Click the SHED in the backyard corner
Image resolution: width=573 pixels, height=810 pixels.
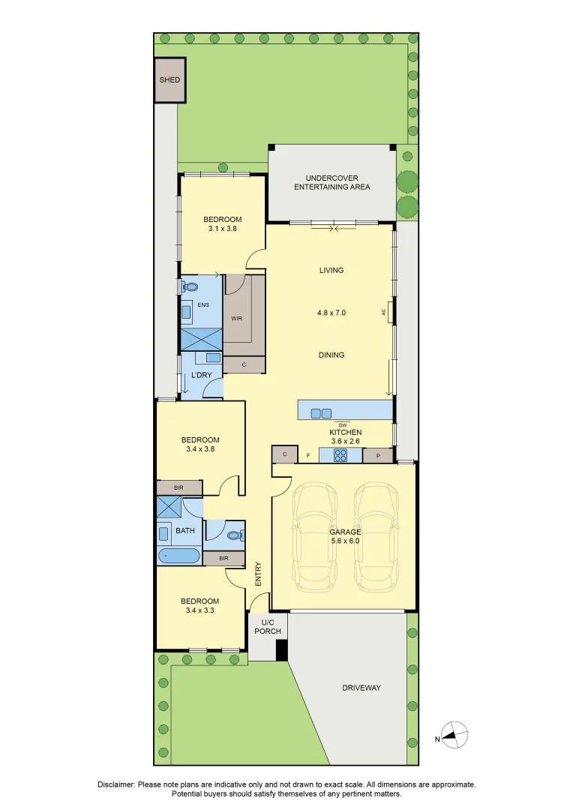pyautogui.click(x=169, y=79)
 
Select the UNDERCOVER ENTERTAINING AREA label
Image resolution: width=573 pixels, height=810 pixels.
pyautogui.click(x=332, y=182)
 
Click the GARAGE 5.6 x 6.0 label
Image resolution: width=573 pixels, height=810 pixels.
pyautogui.click(x=345, y=536)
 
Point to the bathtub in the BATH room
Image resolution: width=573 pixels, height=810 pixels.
pyautogui.click(x=178, y=556)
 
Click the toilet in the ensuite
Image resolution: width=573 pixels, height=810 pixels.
pyautogui.click(x=190, y=286)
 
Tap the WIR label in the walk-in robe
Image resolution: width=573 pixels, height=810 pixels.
pyautogui.click(x=236, y=319)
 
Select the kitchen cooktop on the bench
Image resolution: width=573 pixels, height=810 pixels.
pyautogui.click(x=332, y=454)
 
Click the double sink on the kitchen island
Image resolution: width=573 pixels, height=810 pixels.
pyautogui.click(x=321, y=412)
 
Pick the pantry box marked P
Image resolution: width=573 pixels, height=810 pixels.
pyautogui.click(x=378, y=455)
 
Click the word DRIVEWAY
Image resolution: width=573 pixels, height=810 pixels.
pyautogui.click(x=361, y=688)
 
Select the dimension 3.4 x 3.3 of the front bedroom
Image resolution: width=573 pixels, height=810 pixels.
pyautogui.click(x=199, y=610)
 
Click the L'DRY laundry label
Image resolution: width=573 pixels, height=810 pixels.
pyautogui.click(x=202, y=374)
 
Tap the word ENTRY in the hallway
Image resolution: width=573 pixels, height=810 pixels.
pyautogui.click(x=258, y=574)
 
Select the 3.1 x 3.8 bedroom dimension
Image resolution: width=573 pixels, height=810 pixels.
pyautogui.click(x=223, y=229)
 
